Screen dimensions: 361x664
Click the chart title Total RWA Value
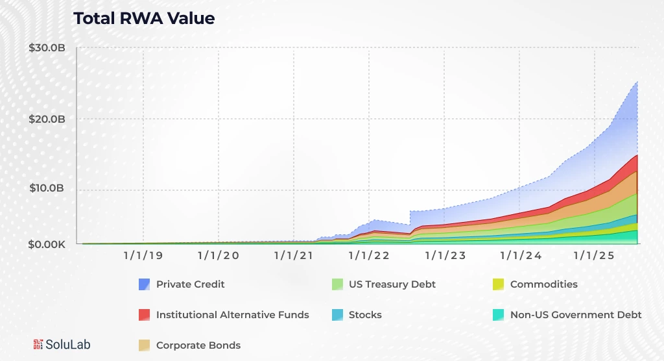click(143, 19)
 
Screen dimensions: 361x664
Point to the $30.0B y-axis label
click(47, 48)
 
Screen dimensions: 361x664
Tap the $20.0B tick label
click(47, 119)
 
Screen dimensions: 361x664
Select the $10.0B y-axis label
click(47, 189)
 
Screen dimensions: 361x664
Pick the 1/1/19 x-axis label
click(143, 256)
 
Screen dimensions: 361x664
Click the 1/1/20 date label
click(219, 256)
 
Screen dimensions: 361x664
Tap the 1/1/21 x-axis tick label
click(294, 256)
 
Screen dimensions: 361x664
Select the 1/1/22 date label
click(369, 256)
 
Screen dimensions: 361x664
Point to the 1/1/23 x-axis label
click(445, 256)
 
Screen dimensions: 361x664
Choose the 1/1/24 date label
click(521, 256)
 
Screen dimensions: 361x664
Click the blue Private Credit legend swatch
click(145, 284)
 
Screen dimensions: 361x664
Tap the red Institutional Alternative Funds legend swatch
click(145, 315)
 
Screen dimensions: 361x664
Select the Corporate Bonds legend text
click(198, 345)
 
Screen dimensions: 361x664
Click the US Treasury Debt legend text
click(392, 284)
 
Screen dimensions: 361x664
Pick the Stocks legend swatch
click(337, 315)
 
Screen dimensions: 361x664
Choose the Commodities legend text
click(543, 284)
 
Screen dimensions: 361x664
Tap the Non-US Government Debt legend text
click(576, 315)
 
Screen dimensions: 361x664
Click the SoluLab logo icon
click(38, 345)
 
